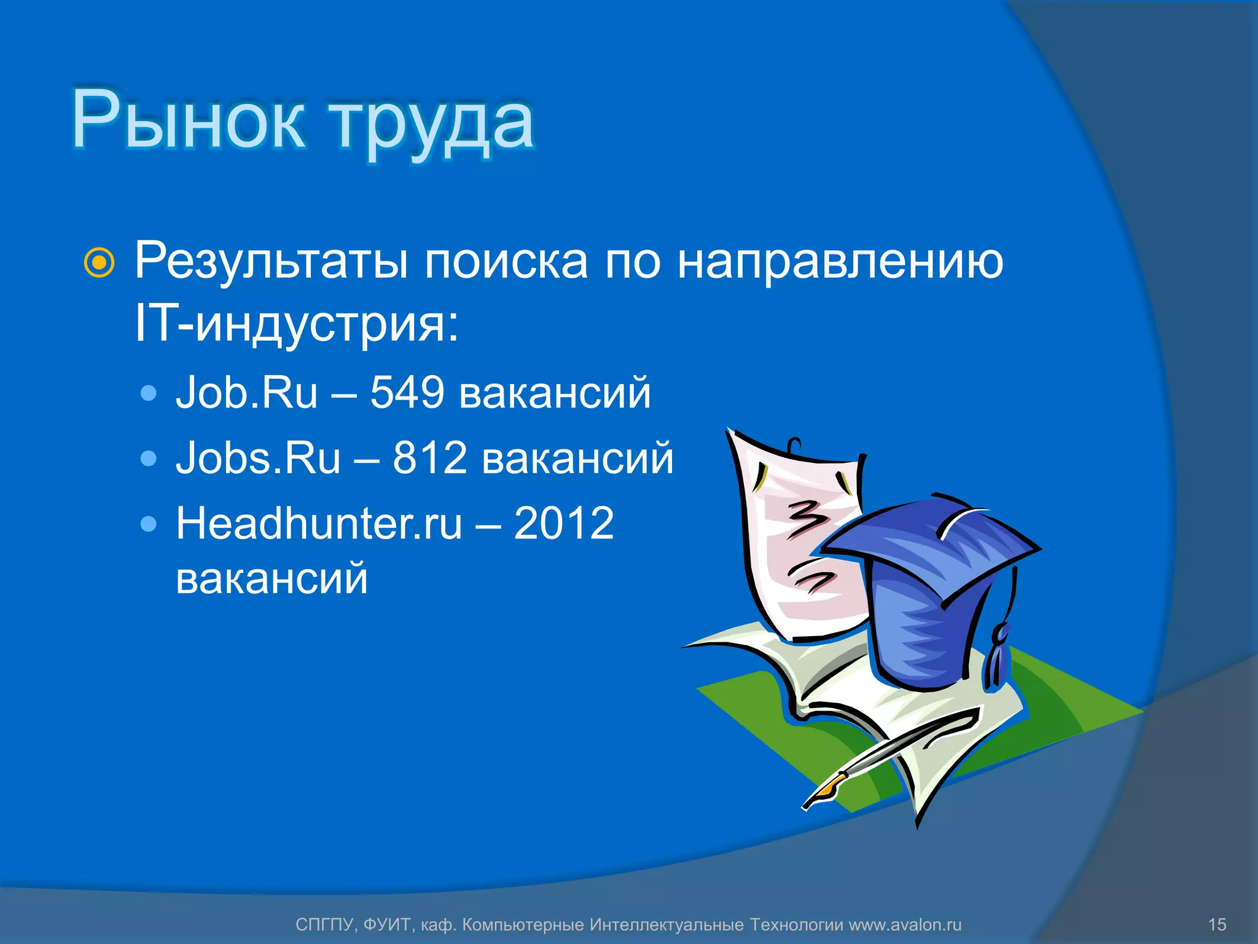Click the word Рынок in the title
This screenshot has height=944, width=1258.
[x=187, y=120]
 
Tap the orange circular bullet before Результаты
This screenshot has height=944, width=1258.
[x=99, y=263]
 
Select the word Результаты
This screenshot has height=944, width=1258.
[x=270, y=262]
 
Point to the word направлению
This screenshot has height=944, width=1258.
[x=840, y=262]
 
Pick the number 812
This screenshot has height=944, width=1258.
[x=429, y=458]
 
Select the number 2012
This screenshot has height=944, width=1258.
[x=563, y=524]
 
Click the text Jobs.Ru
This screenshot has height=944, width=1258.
[x=258, y=458]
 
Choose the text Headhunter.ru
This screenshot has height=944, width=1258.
[x=318, y=524]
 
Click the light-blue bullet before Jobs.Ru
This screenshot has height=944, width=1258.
[x=148, y=458]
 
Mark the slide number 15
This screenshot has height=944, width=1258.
[x=1217, y=924]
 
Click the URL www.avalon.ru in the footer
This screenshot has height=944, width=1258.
[x=905, y=924]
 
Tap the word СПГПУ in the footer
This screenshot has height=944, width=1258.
[x=324, y=924]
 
